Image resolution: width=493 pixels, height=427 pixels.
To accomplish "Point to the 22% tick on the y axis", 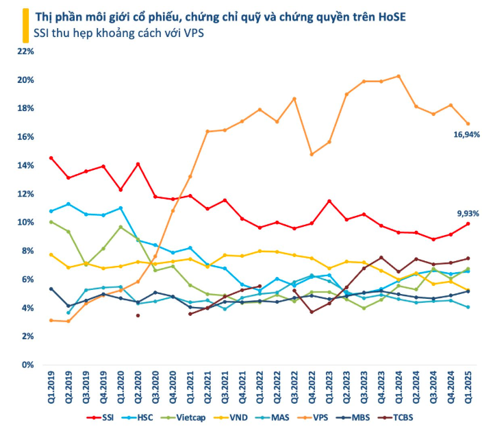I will [x=25, y=51].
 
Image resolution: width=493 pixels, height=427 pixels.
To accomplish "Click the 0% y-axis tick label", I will [x=28, y=365].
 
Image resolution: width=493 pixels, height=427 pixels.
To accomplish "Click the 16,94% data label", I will [x=465, y=136].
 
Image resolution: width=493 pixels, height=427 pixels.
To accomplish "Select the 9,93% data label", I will [x=467, y=213].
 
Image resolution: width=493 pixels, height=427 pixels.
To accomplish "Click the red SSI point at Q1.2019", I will [x=51, y=158].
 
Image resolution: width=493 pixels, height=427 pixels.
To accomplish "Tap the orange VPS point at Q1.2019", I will [x=51, y=320].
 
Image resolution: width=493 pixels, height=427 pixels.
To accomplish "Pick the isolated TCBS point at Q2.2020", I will [x=138, y=315].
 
